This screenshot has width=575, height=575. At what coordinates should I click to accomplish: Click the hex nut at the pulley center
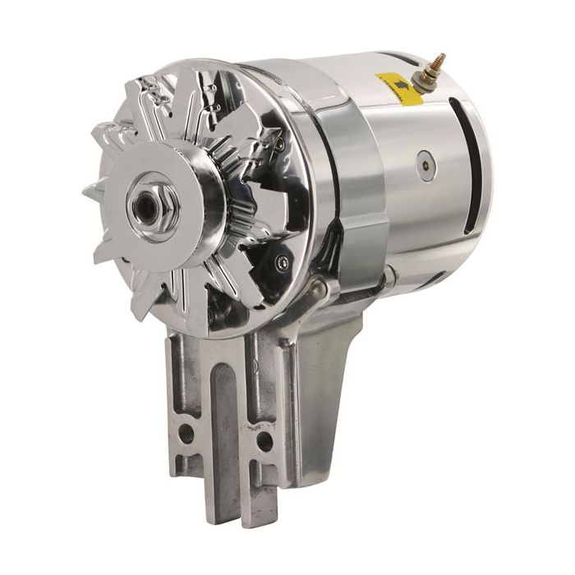[x=148, y=199]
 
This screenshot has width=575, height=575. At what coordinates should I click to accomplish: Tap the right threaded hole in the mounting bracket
[x=264, y=441]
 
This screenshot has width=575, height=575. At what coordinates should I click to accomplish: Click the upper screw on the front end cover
[x=280, y=144]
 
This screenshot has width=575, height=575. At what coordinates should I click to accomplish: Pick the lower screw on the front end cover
[x=283, y=262]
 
